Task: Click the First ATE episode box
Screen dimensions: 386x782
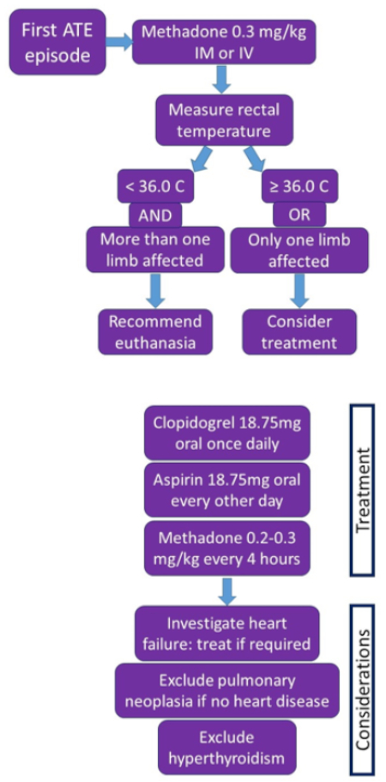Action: click(x=57, y=42)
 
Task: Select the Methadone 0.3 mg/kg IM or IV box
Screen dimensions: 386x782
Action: click(x=224, y=42)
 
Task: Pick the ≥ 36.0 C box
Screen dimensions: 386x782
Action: click(x=299, y=186)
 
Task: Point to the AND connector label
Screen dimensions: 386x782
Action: click(x=155, y=215)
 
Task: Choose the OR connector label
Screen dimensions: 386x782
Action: click(x=299, y=215)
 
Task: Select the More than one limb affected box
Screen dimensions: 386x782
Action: click(x=155, y=249)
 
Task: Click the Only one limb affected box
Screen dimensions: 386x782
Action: click(x=299, y=249)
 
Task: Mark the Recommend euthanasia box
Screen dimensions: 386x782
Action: click(x=155, y=331)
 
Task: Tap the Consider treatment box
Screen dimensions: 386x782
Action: click(x=299, y=331)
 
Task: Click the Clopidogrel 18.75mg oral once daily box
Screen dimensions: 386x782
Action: click(x=227, y=433)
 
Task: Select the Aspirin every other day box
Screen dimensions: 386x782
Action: click(x=227, y=490)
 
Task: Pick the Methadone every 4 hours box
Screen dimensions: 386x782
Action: click(x=227, y=548)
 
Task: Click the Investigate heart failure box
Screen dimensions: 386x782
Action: click(x=227, y=633)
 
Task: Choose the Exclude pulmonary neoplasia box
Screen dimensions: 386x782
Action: click(x=227, y=690)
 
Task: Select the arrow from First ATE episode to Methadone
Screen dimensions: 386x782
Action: click(x=119, y=42)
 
